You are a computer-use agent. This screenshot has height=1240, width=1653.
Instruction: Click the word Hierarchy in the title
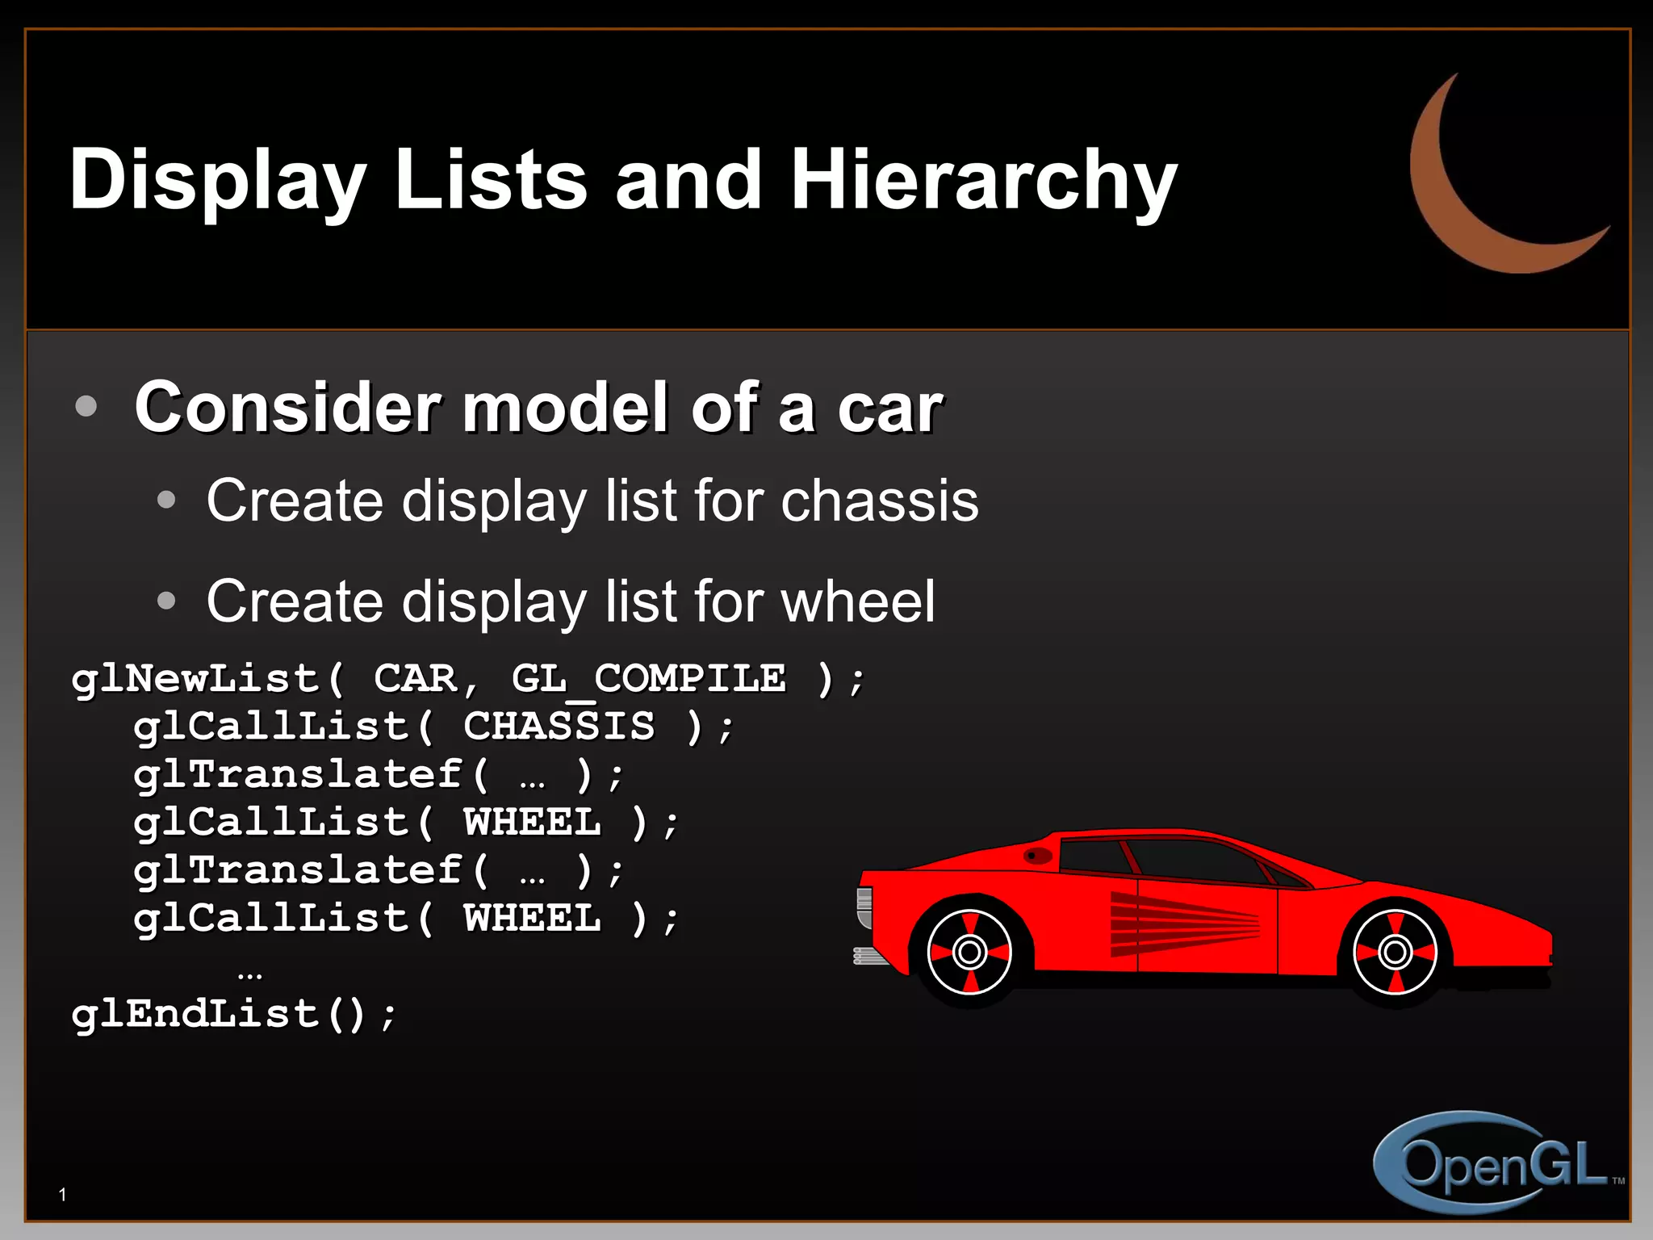pyautogui.click(x=983, y=181)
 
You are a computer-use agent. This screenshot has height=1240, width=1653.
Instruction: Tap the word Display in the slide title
pyautogui.click(x=218, y=181)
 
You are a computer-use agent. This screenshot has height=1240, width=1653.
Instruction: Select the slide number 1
pyautogui.click(x=63, y=1195)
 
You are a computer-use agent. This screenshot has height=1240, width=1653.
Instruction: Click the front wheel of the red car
pyautogui.click(x=1395, y=953)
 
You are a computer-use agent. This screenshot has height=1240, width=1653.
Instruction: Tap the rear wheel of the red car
pyautogui.click(x=969, y=953)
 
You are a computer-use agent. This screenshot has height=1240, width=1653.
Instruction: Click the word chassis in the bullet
pyautogui.click(x=879, y=501)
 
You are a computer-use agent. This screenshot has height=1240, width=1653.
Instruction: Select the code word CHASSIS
pyautogui.click(x=559, y=726)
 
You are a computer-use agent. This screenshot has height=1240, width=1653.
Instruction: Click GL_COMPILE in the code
pyautogui.click(x=648, y=678)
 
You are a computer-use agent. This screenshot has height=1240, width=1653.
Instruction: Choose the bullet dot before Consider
pyautogui.click(x=86, y=406)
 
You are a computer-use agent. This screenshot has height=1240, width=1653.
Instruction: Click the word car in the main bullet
pyautogui.click(x=889, y=408)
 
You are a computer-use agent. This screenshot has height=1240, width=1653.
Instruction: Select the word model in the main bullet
pyautogui.click(x=565, y=408)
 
